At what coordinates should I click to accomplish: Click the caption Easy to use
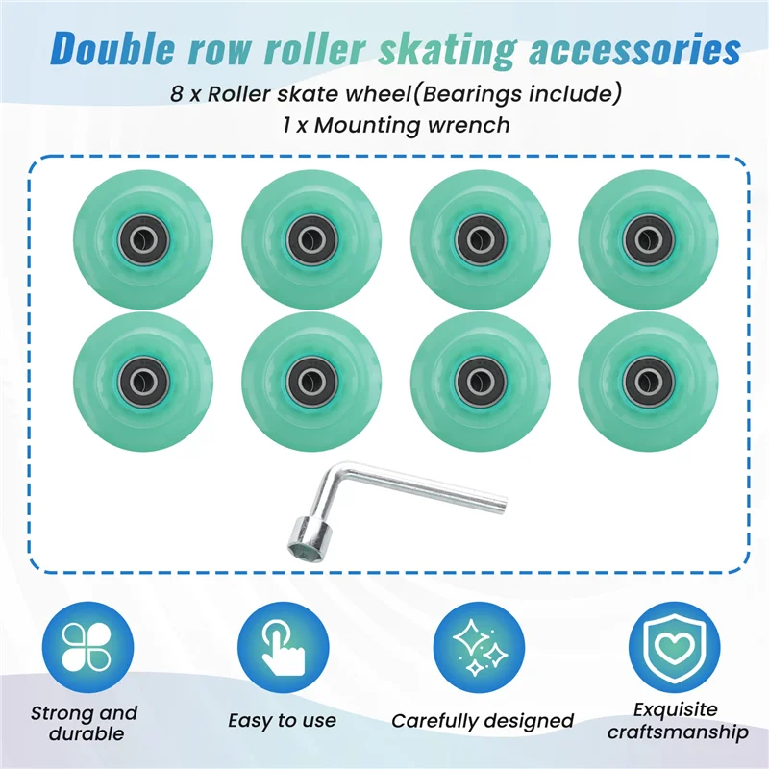(x=283, y=720)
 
